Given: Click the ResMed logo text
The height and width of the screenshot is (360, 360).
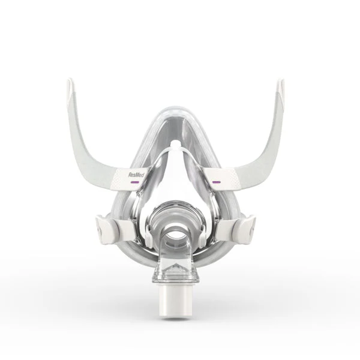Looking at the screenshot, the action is point(136,175).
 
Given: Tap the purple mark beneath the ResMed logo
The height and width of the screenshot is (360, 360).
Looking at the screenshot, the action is point(134,182).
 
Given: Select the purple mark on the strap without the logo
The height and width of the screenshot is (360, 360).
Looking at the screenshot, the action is point(216,182).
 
